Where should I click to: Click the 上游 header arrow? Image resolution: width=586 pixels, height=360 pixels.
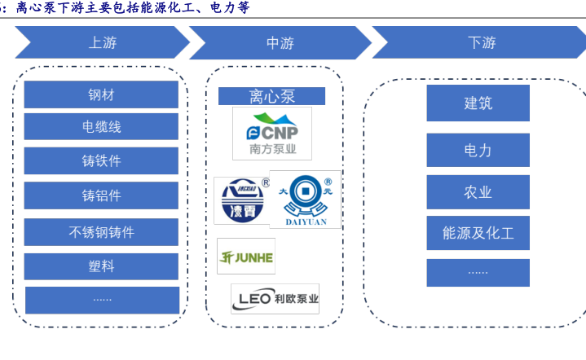[102, 43]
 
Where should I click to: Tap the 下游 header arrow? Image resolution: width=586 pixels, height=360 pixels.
[481, 43]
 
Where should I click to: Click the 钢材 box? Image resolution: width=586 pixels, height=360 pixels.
[101, 94]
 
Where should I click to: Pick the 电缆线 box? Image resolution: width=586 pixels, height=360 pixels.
[101, 127]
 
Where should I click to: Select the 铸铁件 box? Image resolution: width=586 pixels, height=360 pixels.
[101, 160]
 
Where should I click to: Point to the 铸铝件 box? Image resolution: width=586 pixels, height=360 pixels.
[101, 195]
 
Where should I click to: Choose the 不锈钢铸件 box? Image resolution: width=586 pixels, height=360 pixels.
[101, 232]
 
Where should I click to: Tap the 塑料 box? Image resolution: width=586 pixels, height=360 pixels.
[101, 266]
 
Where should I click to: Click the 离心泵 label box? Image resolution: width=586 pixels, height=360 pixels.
[271, 96]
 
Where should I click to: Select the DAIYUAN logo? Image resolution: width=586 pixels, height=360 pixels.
[305, 199]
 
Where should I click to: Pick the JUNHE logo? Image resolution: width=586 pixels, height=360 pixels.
[246, 257]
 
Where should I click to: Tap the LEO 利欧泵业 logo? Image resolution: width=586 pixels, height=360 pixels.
[275, 298]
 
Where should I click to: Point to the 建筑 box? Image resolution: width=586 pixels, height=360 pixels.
[478, 103]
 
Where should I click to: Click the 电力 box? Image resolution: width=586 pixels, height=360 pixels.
[478, 150]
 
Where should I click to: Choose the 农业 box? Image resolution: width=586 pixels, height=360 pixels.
[478, 192]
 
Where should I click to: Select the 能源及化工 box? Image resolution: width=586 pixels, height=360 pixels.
[478, 234]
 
